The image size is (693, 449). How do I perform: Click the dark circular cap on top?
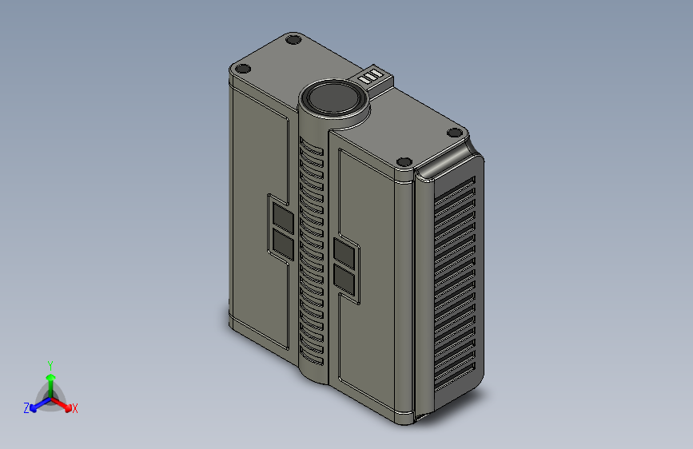tap(333, 97)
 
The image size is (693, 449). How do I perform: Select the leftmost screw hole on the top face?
tap(242, 69)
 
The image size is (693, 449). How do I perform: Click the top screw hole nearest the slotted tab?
tap(293, 40)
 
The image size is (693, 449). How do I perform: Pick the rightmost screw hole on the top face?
tap(455, 133)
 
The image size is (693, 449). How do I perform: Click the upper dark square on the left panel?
tap(283, 217)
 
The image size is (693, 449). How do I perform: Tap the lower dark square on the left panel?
tap(283, 244)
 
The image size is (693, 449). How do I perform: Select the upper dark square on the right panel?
tap(345, 253)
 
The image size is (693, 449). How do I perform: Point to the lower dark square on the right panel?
tap(345, 280)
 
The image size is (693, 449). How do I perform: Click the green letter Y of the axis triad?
tap(50, 366)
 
